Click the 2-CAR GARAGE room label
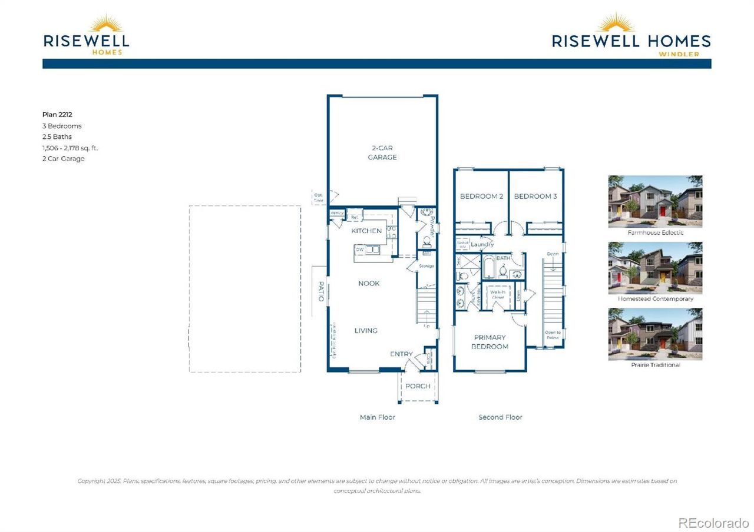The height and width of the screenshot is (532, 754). pyautogui.click(x=382, y=153)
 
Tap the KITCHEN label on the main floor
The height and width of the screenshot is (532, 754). pyautogui.click(x=366, y=231)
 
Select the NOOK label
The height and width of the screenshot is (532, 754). pyautogui.click(x=369, y=284)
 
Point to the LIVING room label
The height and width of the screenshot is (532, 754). pyautogui.click(x=366, y=331)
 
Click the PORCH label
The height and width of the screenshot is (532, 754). pyautogui.click(x=418, y=387)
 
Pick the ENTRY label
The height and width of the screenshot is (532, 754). pyautogui.click(x=402, y=354)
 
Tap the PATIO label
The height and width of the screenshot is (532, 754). pyautogui.click(x=322, y=291)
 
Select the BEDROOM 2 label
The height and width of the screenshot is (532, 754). pyautogui.click(x=481, y=197)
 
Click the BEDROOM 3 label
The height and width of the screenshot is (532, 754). pyautogui.click(x=535, y=197)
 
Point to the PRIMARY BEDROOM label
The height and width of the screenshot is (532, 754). pyautogui.click(x=490, y=342)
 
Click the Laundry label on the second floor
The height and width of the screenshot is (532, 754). pyautogui.click(x=482, y=244)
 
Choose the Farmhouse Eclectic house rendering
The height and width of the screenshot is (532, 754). pyautogui.click(x=655, y=201)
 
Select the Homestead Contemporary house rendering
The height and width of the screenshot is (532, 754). pyautogui.click(x=655, y=268)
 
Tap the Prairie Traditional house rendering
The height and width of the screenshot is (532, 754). pyautogui.click(x=655, y=334)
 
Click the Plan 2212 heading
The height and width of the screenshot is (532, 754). pyautogui.click(x=58, y=115)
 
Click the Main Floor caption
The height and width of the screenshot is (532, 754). pyautogui.click(x=378, y=417)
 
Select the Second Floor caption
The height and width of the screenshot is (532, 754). pyautogui.click(x=500, y=417)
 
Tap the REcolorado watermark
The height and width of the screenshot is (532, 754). pyautogui.click(x=713, y=523)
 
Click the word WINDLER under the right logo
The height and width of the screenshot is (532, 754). pyautogui.click(x=679, y=54)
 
